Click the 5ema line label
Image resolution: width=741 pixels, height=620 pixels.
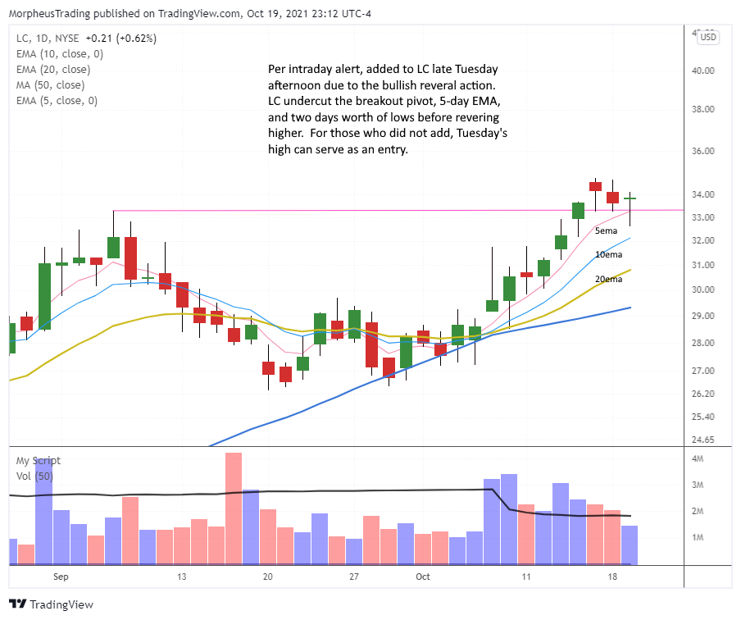click(607, 231)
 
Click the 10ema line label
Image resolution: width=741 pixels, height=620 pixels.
click(608, 255)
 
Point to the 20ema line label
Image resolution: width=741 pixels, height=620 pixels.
click(608, 279)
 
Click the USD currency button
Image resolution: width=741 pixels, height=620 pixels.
click(707, 37)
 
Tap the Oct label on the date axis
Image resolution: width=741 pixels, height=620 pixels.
click(422, 577)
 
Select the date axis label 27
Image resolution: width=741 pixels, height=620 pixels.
click(354, 577)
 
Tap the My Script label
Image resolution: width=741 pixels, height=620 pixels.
click(39, 461)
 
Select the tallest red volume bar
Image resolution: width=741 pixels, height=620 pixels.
click(234, 508)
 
